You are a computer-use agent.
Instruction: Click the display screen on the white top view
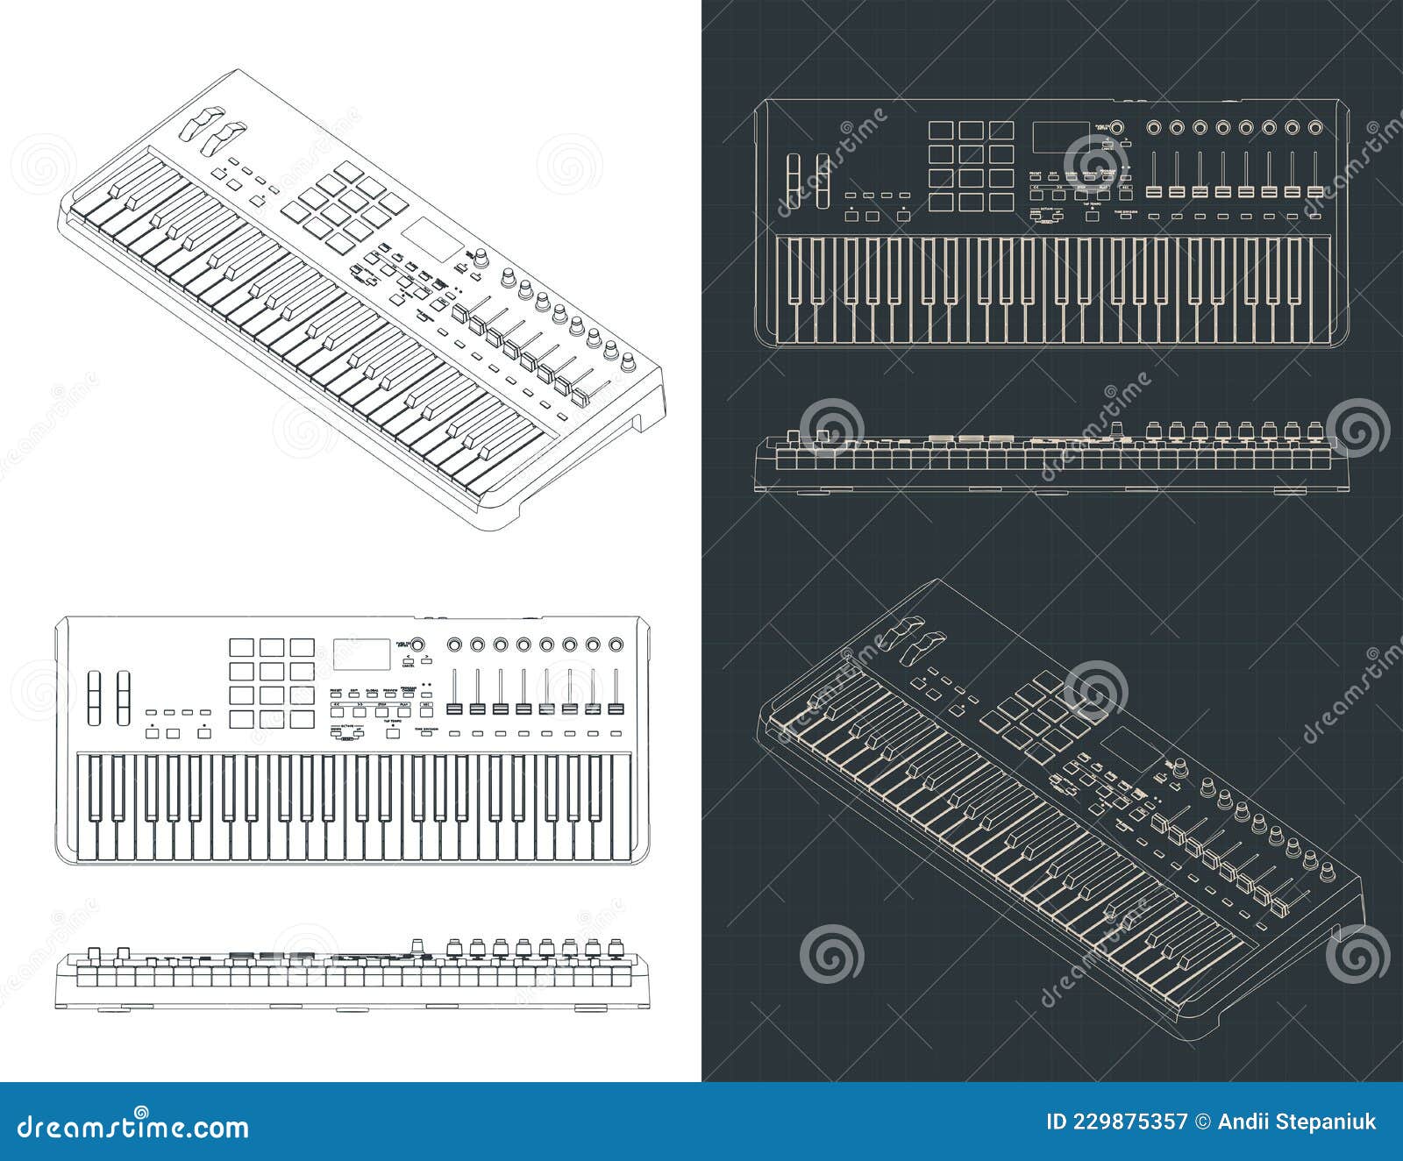click(361, 653)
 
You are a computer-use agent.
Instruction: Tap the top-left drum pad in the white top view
click(242, 648)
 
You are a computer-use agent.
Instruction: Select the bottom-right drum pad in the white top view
click(303, 719)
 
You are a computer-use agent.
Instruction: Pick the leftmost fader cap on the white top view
click(455, 708)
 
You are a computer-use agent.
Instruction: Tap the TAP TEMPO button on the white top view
click(392, 732)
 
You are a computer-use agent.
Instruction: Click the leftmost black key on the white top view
click(96, 787)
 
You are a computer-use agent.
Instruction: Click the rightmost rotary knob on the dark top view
click(1314, 128)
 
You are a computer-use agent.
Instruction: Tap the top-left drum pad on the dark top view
click(941, 132)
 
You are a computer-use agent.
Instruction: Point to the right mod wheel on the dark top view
click(823, 182)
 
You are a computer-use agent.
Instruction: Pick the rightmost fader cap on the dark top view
click(1314, 191)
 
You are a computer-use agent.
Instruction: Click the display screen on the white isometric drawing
click(432, 239)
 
